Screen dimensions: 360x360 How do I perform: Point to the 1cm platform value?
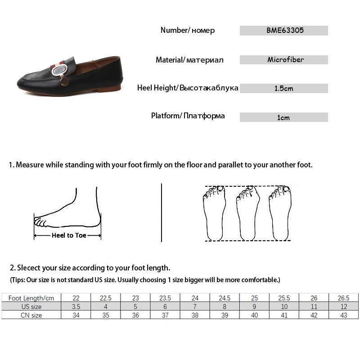click(x=283, y=117)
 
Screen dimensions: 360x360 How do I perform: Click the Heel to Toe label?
click(x=69, y=235)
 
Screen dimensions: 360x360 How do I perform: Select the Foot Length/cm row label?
click(x=31, y=298)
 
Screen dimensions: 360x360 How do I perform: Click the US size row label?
click(x=31, y=306)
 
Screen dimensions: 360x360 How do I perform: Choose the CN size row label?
click(x=31, y=315)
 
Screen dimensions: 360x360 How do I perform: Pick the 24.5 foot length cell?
click(x=225, y=298)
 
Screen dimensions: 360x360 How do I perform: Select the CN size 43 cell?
click(x=343, y=315)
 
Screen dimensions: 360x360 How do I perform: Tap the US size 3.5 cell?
click(x=76, y=306)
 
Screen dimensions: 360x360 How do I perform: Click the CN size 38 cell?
click(x=195, y=315)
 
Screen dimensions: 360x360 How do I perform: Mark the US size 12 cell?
click(x=343, y=306)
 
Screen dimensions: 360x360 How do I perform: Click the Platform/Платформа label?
click(x=188, y=116)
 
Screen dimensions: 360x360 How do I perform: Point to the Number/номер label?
click(x=188, y=30)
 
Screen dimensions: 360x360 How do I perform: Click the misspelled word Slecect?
click(x=31, y=268)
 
